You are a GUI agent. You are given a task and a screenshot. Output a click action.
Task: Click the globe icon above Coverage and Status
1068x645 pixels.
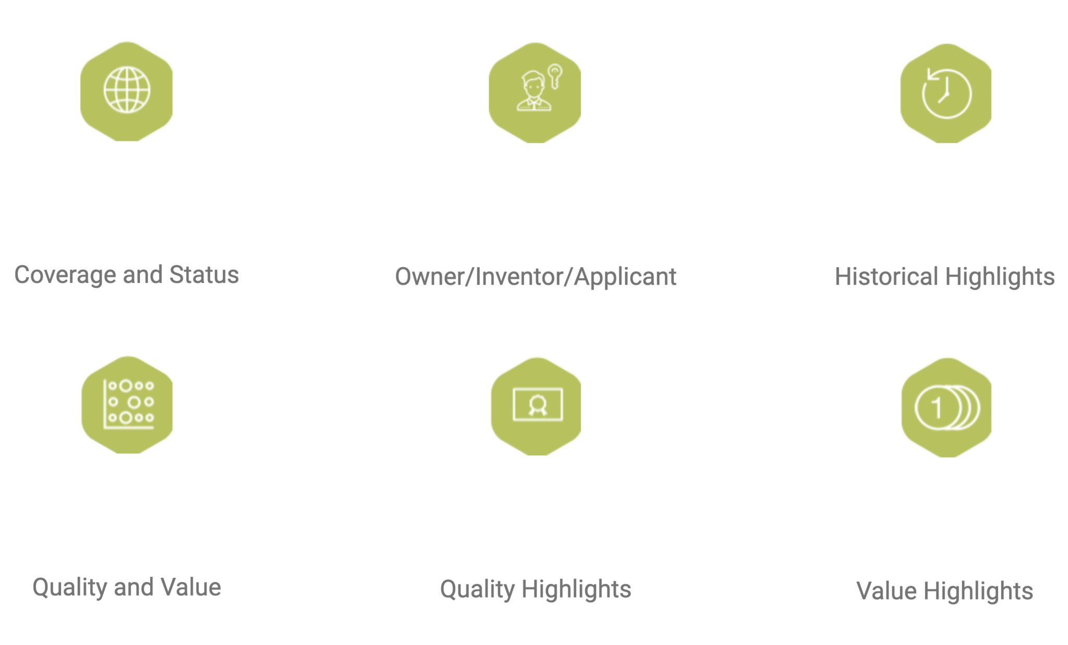pyautogui.click(x=127, y=90)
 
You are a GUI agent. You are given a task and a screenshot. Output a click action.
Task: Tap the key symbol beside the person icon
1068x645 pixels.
pyautogui.click(x=555, y=77)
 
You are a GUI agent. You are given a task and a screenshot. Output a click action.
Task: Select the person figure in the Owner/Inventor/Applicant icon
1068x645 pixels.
pyautogui.click(x=533, y=91)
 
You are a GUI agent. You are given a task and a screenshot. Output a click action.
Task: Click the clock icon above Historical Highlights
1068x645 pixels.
pyautogui.click(x=946, y=93)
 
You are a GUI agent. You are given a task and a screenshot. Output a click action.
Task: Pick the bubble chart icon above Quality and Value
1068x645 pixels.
pyautogui.click(x=128, y=404)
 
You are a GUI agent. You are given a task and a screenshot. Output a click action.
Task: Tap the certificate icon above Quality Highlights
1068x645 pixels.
pyautogui.click(x=538, y=404)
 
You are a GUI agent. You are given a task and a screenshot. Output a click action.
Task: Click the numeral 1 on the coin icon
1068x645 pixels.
pyautogui.click(x=937, y=408)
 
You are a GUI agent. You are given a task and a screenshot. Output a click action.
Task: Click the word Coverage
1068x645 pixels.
pyautogui.click(x=65, y=275)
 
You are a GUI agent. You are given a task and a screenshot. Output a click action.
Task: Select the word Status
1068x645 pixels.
pyautogui.click(x=204, y=275)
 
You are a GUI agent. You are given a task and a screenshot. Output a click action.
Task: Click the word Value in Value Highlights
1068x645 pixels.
pyautogui.click(x=887, y=591)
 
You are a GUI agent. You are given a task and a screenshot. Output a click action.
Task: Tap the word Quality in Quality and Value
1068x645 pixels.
pyautogui.click(x=70, y=588)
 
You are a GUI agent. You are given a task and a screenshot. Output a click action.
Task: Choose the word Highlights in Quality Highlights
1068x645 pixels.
pyautogui.click(x=576, y=590)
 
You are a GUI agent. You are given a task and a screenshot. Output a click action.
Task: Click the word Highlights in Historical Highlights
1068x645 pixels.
pyautogui.click(x=1000, y=277)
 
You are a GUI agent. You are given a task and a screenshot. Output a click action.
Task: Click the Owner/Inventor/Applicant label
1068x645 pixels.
pyautogui.click(x=536, y=277)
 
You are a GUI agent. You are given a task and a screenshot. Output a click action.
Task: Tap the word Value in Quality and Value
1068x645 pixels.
pyautogui.click(x=191, y=587)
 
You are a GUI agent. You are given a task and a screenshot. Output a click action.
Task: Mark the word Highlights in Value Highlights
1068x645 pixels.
pyautogui.click(x=978, y=592)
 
